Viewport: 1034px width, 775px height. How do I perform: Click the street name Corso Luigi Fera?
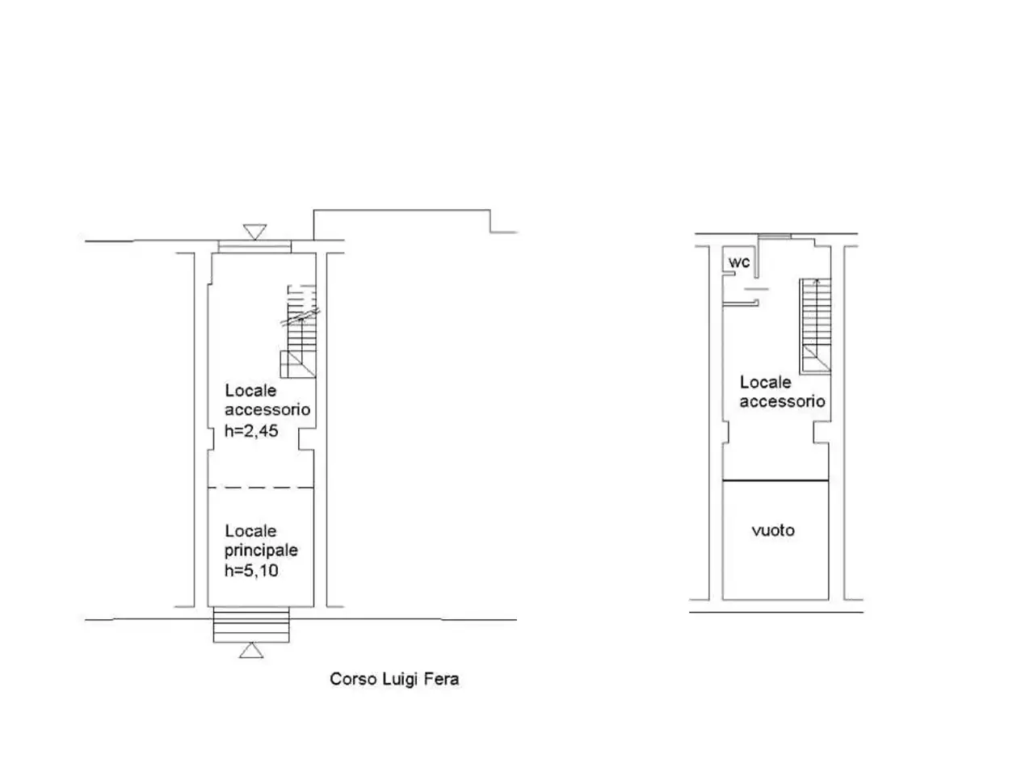394,679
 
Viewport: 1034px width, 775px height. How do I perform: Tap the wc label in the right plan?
738,262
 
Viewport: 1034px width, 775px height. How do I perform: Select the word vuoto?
773,530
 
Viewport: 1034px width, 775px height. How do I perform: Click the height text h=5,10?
251,570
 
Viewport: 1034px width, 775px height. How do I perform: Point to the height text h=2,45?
251,430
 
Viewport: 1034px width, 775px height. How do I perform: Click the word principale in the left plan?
261,551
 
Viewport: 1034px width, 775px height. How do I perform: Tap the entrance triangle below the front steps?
251,651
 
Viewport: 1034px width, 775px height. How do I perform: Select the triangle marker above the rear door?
254,232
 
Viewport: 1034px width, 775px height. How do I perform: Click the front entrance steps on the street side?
251,625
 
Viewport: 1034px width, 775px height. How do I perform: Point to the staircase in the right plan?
815,325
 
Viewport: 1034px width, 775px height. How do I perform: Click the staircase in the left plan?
299,331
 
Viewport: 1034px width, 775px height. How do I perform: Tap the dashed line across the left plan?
261,488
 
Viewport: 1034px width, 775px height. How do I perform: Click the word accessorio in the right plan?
782,401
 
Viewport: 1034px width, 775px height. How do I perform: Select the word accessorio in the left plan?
267,410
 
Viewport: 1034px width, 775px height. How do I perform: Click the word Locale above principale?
250,530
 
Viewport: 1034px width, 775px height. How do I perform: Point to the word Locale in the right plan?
766,382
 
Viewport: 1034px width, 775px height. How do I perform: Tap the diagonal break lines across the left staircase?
301,316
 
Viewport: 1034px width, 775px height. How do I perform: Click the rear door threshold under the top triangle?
254,246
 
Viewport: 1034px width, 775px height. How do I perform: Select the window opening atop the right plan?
775,237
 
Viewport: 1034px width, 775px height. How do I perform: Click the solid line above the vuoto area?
775,480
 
